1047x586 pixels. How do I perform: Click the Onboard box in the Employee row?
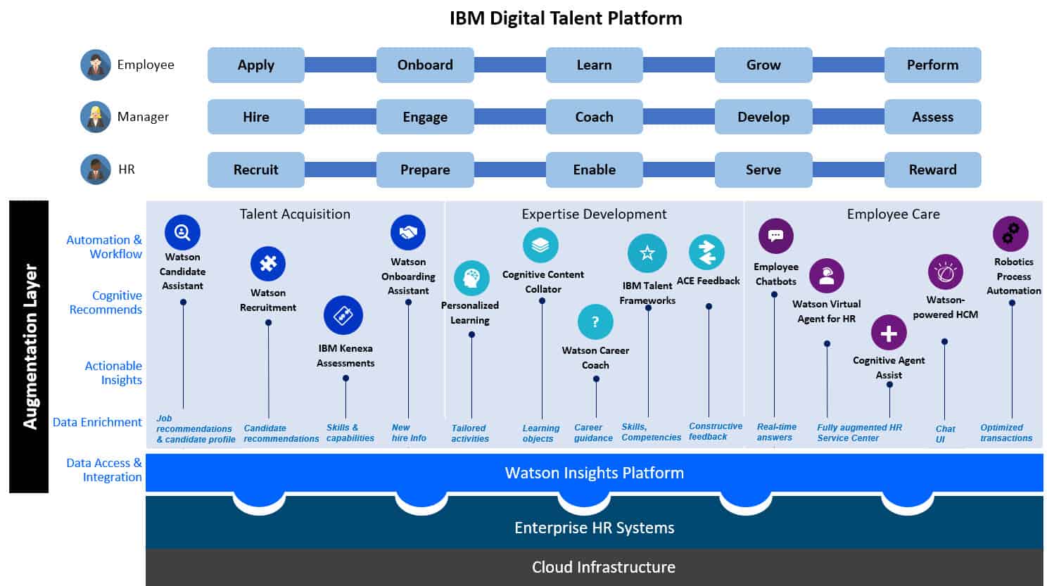(425, 65)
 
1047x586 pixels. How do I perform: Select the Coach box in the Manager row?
(594, 117)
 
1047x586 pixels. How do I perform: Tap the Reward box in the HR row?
(932, 170)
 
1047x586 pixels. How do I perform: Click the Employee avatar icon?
(96, 65)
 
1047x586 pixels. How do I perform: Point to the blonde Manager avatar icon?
(96, 117)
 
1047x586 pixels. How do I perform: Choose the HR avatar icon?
(96, 170)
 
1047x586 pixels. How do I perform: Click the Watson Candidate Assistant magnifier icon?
(182, 232)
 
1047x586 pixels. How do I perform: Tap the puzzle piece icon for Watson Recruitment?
(268, 264)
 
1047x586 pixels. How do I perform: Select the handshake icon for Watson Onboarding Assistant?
(408, 233)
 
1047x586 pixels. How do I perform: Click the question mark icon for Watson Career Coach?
(595, 322)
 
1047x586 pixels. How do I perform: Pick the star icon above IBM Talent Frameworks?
(647, 253)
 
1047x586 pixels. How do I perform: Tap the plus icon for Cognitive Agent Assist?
(889, 333)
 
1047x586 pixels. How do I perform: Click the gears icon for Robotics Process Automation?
(1010, 234)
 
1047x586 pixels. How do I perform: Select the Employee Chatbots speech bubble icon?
(776, 236)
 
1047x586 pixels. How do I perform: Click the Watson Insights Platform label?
(594, 473)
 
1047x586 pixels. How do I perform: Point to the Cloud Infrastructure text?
(603, 567)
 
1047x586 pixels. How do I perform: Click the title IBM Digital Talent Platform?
(566, 18)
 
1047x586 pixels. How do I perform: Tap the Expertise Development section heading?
(594, 215)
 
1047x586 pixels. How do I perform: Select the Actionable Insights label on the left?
(113, 373)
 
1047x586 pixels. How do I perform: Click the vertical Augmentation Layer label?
(30, 346)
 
